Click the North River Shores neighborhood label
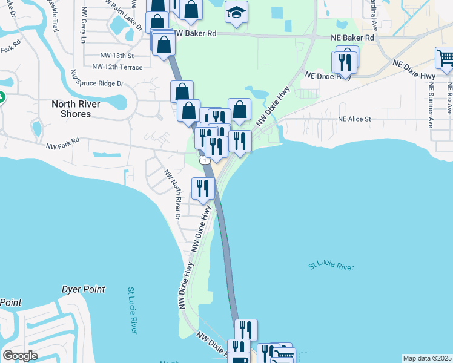pos(76,109)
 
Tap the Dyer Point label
pos(84,289)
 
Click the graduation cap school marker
pos(236,12)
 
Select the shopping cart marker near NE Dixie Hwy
pos(445,59)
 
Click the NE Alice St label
pos(354,119)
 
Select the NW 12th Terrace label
pos(117,67)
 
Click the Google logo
pos(20,355)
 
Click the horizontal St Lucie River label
pos(331,266)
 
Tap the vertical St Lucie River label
pos(132,310)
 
